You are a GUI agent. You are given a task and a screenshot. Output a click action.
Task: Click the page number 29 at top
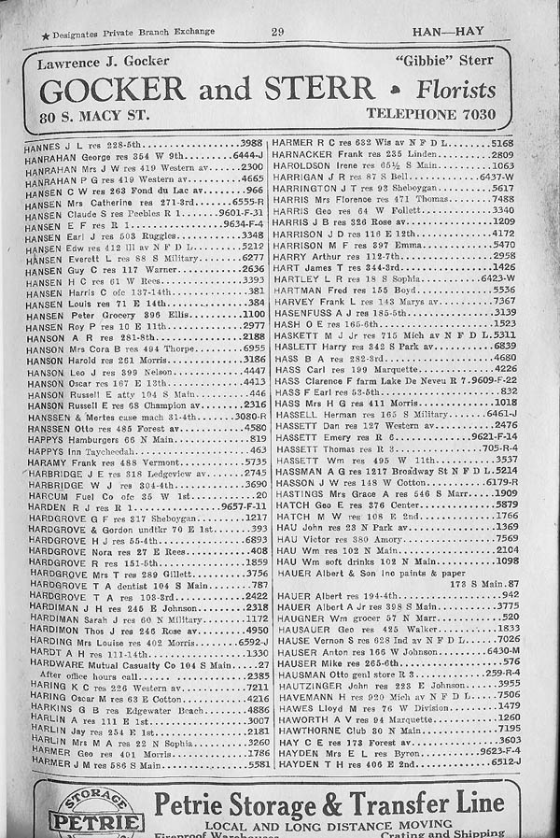pyautogui.click(x=277, y=32)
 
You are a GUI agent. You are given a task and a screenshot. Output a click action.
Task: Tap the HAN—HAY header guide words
pyautogui.click(x=447, y=31)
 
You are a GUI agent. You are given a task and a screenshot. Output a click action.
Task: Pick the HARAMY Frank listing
pyautogui.click(x=75, y=461)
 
